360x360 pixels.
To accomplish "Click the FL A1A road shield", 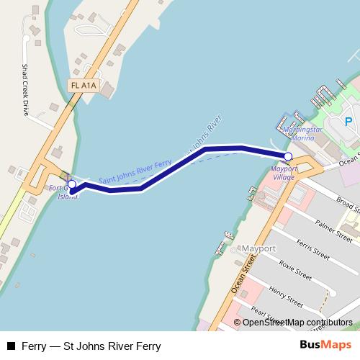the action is pos(84,86).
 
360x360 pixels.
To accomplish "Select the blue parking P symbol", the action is pos(348,122).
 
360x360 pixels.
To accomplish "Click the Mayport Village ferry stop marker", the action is pos(288,156).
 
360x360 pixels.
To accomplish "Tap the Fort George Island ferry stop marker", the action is pos(71,184).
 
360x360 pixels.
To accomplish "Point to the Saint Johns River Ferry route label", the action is pos(135,171).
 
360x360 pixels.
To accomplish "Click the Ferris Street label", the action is pos(312,250).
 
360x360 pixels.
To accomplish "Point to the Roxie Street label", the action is pos(295,270).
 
